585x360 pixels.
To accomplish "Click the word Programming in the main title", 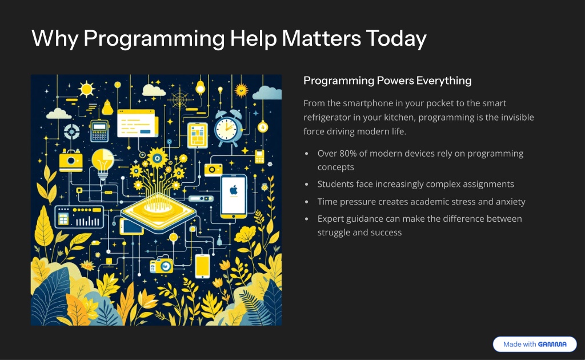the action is click(154, 39).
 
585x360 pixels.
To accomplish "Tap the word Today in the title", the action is click(396, 39).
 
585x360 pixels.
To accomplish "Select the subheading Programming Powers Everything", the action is click(387, 81).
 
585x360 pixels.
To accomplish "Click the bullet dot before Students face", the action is click(307, 185).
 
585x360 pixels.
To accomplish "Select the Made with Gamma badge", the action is click(535, 344).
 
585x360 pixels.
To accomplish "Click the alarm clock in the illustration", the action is click(229, 128).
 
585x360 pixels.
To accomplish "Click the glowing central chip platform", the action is click(159, 213).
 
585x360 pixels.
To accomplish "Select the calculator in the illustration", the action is click(99, 130).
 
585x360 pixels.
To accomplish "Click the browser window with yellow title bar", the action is click(137, 123).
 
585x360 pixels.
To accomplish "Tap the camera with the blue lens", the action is click(162, 265).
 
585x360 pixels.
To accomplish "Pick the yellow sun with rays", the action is click(87, 89).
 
